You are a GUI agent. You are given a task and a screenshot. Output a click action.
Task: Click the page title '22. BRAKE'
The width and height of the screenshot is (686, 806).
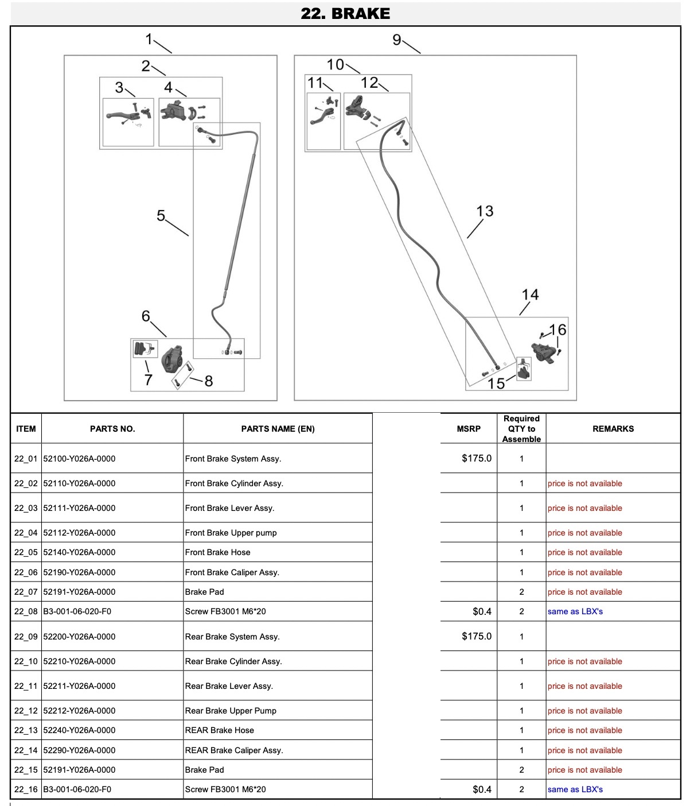tap(345, 14)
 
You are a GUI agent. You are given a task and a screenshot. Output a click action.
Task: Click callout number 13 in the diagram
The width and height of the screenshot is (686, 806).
tap(485, 211)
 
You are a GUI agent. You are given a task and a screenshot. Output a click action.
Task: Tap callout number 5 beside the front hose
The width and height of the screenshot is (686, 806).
tap(161, 215)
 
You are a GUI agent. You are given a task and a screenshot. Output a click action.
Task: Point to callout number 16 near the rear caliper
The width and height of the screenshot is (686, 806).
tap(558, 330)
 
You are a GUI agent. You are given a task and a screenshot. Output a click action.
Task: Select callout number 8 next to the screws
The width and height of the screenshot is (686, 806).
tap(208, 381)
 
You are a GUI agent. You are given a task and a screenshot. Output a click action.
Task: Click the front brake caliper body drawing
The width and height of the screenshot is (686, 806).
tap(172, 358)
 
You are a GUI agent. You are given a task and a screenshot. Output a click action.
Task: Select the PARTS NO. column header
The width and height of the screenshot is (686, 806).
tap(112, 428)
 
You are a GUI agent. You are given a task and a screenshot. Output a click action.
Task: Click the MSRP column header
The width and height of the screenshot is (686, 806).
tap(468, 428)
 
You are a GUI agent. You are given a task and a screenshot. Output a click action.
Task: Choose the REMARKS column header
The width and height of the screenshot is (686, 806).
tap(613, 428)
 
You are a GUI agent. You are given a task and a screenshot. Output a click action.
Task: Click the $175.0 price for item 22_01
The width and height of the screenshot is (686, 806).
tap(477, 458)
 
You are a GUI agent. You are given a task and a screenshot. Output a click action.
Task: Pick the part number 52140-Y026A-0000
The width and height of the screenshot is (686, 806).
tap(79, 552)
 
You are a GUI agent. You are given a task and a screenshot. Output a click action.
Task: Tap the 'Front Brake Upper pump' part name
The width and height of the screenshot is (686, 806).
tap(231, 533)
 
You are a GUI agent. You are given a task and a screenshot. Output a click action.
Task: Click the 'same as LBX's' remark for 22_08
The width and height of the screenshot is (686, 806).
tap(575, 611)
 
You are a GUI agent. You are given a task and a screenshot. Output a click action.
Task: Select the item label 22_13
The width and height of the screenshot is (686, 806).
tap(26, 730)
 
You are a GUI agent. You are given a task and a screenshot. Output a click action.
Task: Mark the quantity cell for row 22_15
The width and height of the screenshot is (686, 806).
tap(521, 770)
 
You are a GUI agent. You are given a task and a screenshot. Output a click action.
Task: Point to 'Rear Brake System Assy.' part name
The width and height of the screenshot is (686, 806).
tap(232, 637)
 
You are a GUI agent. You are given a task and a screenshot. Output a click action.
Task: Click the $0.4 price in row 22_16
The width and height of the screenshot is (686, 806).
tap(482, 789)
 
